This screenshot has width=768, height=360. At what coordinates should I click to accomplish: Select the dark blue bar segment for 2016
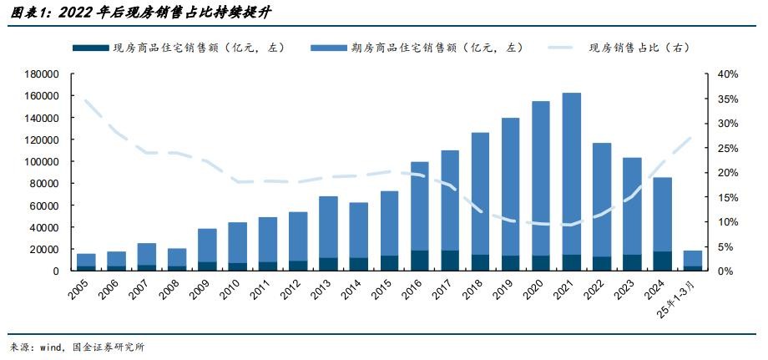point(420,261)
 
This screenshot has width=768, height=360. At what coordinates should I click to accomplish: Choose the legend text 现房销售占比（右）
point(639,48)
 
